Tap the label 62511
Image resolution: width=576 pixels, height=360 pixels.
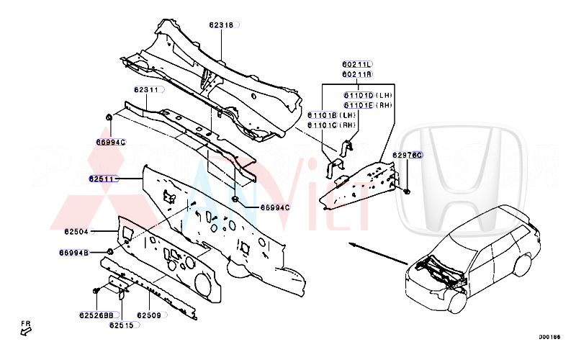coord(102,177)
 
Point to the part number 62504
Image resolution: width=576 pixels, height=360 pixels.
coord(76,232)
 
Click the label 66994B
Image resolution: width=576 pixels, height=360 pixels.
coord(73,253)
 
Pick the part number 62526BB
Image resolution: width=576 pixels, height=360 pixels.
coord(96,315)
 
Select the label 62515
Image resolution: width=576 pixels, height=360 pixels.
coord(121,325)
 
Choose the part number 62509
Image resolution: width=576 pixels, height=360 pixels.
coord(149,315)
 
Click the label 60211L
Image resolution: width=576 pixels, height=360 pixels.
coord(357,65)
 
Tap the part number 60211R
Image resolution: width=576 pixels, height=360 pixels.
coord(357,74)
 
